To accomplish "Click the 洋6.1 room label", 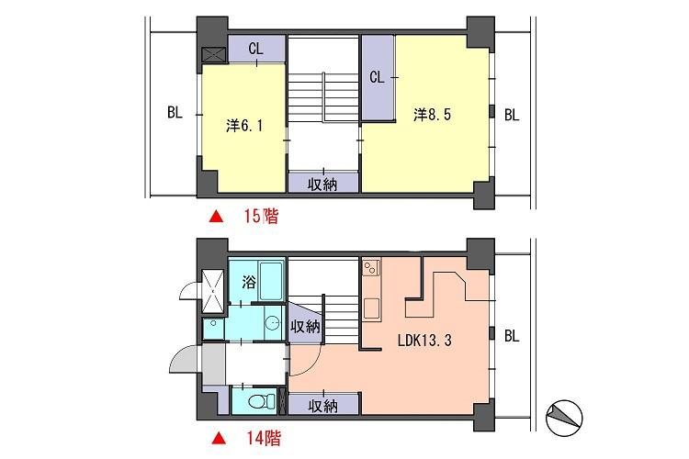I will point(245,126).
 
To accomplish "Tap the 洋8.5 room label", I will point(432,115).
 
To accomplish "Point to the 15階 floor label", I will point(260,218).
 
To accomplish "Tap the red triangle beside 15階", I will point(216,218).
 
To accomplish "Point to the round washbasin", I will point(272,323).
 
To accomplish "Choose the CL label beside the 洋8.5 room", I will point(376,77).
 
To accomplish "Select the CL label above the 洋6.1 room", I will point(255,50).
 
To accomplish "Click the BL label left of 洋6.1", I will point(175,114).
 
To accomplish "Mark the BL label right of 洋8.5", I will point(512,115).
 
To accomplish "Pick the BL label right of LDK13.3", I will point(512,336).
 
